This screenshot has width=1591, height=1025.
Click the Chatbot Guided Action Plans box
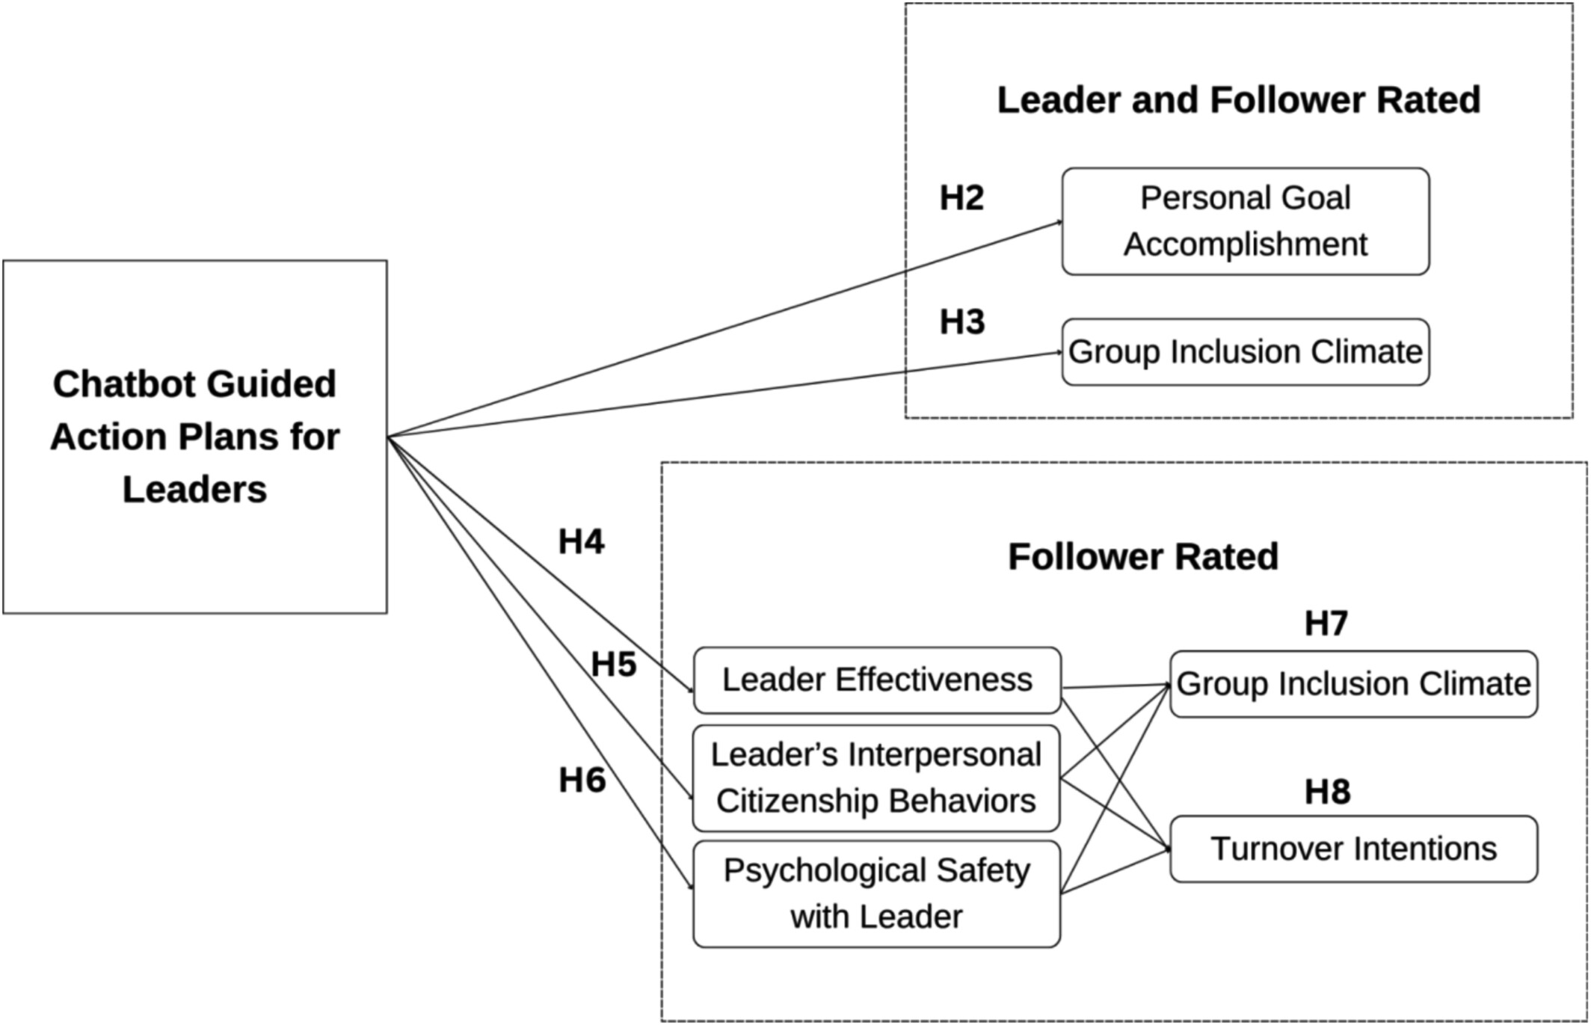click(194, 437)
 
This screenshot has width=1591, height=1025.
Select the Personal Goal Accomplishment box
click(1245, 221)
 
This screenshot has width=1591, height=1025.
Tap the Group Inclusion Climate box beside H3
click(1245, 352)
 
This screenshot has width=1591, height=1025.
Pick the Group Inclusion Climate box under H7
click(1353, 684)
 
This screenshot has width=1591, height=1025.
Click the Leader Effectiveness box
click(876, 680)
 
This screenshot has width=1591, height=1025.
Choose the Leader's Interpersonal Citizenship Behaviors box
click(876, 778)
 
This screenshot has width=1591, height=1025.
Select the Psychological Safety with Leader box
click(876, 893)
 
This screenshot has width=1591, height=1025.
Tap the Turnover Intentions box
click(1353, 849)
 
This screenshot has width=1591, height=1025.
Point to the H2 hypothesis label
click(961, 198)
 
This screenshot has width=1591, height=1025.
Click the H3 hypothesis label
click(962, 322)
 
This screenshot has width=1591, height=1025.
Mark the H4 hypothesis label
click(581, 542)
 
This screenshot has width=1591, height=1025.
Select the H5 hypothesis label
click(614, 665)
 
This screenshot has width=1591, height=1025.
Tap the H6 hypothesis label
click(582, 781)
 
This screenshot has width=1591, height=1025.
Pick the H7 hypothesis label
click(1326, 624)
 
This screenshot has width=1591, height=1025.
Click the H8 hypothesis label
click(1327, 792)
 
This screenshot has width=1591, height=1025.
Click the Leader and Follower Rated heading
click(1238, 100)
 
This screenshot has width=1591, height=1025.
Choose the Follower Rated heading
click(1143, 557)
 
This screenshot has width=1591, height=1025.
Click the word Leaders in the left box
click(194, 490)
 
